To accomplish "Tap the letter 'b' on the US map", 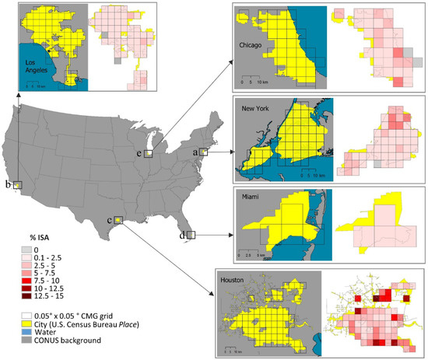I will (x=7, y=185).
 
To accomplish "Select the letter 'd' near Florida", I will (x=183, y=234).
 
